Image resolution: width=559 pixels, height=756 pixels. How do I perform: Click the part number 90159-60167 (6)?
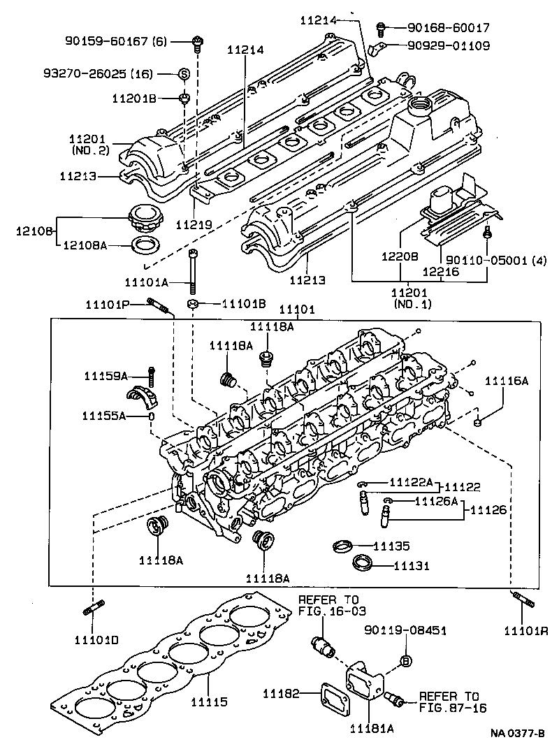[x=115, y=42]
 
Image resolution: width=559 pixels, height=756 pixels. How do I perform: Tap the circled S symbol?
[x=184, y=74]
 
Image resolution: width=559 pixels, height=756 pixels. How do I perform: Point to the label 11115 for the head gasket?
[x=209, y=701]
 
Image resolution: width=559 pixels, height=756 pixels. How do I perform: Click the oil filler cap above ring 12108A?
[x=144, y=219]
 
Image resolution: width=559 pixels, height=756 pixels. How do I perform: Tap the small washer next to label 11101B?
[x=192, y=304]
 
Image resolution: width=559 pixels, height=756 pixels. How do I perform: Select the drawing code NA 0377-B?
[x=517, y=734]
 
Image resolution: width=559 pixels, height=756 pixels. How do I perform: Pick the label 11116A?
[x=507, y=381]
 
